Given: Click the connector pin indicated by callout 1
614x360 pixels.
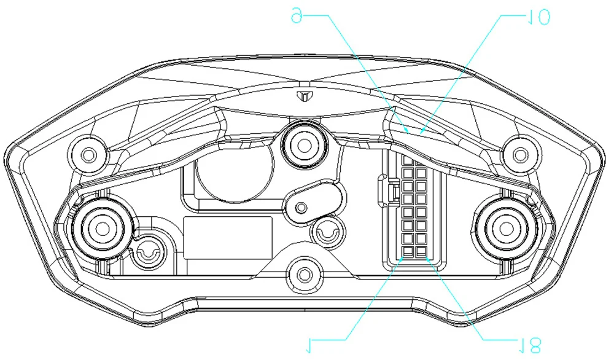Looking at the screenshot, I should (x=408, y=252).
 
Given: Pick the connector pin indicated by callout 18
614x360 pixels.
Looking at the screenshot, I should (x=421, y=252).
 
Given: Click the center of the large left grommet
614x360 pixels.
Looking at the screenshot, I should (x=98, y=228).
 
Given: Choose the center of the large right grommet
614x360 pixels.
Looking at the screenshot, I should (x=506, y=228).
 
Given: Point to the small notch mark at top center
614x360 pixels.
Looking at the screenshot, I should (x=303, y=96).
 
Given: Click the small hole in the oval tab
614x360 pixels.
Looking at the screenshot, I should (x=301, y=208).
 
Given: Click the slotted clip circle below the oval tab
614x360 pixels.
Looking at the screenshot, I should (x=325, y=232).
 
